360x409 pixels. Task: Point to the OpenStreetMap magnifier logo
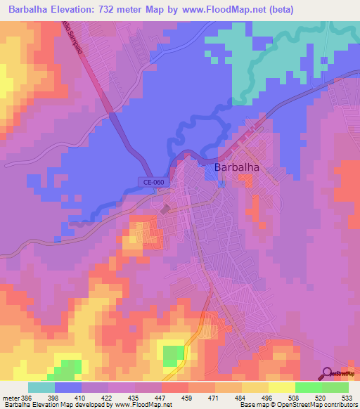pos(328,373)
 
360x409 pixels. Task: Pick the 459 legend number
pos(188,398)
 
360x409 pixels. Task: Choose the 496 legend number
pos(268,398)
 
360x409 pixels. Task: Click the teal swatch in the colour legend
pos(41,387)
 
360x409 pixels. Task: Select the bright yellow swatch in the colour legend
pos(281,387)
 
